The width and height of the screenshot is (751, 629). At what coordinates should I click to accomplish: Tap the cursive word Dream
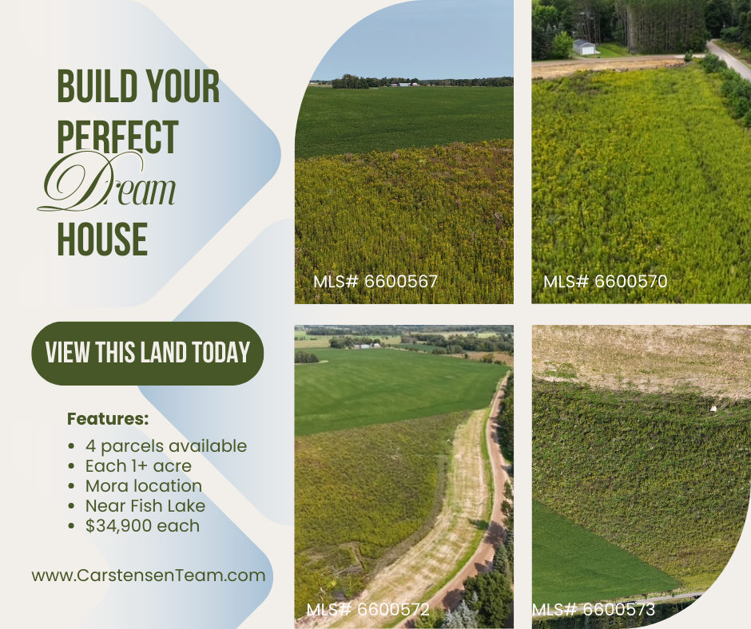pyautogui.click(x=107, y=183)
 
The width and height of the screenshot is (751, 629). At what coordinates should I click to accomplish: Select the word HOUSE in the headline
pyautogui.click(x=102, y=239)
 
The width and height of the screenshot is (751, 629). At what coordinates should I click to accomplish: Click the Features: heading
pyautogui.click(x=108, y=419)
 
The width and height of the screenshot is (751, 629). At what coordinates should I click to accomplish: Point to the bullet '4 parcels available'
pyautogui.click(x=166, y=446)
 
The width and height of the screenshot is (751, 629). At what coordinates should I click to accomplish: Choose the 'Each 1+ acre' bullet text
pyautogui.click(x=138, y=466)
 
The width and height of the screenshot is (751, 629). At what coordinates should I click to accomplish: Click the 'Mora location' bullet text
pyautogui.click(x=144, y=486)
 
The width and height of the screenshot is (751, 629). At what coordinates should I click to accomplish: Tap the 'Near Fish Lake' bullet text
pyautogui.click(x=145, y=506)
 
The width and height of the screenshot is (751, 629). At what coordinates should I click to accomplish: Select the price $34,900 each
pyautogui.click(x=142, y=525)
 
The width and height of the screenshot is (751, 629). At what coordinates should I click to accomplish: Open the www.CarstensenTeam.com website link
pyautogui.click(x=149, y=575)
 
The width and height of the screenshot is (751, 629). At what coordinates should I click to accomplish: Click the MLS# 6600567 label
pyautogui.click(x=375, y=282)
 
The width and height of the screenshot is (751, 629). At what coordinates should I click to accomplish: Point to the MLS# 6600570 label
pyautogui.click(x=605, y=282)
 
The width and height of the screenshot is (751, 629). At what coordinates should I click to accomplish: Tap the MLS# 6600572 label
pyautogui.click(x=368, y=609)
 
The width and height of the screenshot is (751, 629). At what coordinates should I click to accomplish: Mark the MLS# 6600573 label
pyautogui.click(x=594, y=609)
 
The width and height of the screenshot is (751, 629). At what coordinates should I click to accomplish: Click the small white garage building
pyautogui.click(x=584, y=47)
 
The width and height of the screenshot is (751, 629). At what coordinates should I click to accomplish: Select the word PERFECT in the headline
pyautogui.click(x=117, y=137)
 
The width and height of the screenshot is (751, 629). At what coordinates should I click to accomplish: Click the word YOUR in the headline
pyautogui.click(x=182, y=86)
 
